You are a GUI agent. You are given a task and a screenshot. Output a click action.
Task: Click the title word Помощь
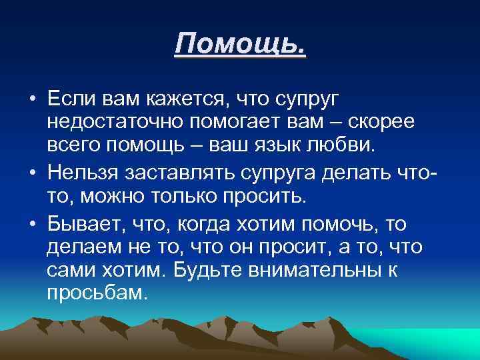pos(240,46)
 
